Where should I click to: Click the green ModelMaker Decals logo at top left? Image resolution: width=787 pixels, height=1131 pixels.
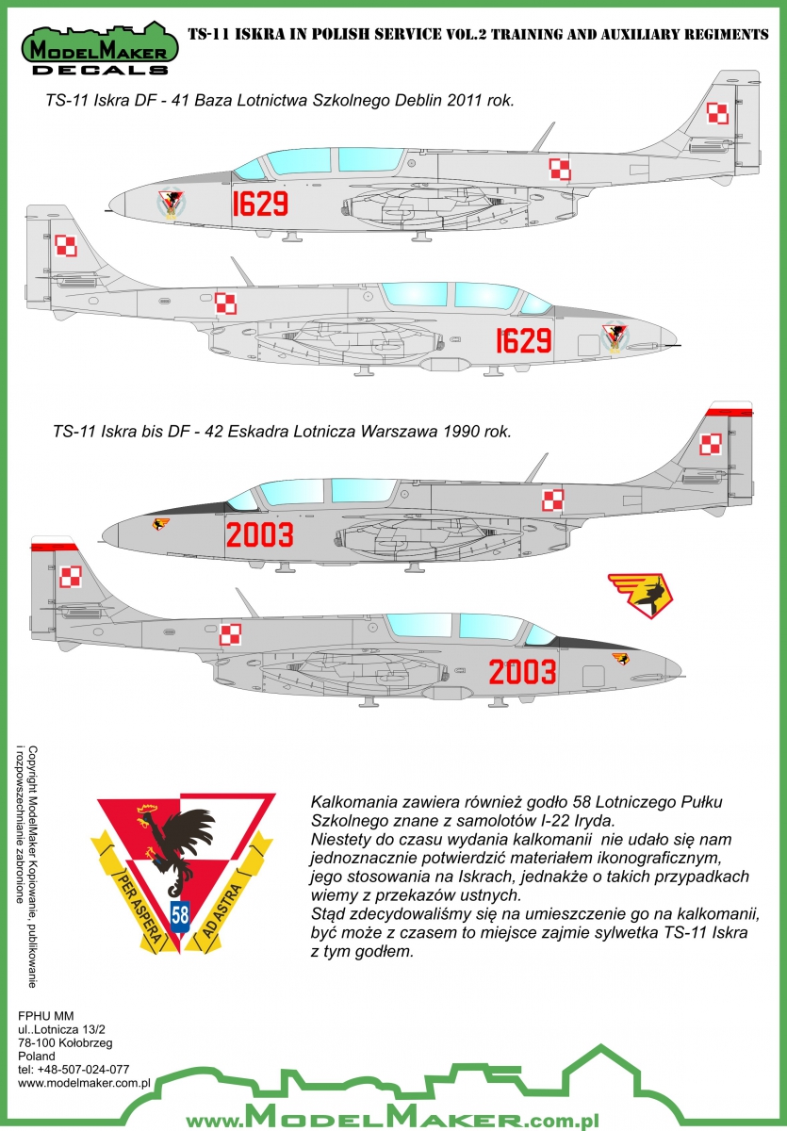click(x=100, y=49)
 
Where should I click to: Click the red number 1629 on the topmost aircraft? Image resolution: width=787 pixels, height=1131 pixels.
click(x=260, y=204)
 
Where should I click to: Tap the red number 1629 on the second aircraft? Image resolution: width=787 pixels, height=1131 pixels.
click(x=523, y=341)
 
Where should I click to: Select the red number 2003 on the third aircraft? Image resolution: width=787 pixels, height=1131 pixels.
click(x=259, y=534)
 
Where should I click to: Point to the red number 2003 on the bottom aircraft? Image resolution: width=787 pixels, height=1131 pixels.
click(x=522, y=672)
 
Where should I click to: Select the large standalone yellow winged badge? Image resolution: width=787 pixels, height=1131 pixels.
click(x=641, y=595)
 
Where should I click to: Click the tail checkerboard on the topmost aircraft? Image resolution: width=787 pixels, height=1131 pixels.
click(x=717, y=112)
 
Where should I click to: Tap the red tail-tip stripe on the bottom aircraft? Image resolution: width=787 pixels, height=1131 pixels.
click(x=54, y=547)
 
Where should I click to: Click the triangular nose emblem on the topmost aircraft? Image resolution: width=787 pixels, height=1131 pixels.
click(x=172, y=203)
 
